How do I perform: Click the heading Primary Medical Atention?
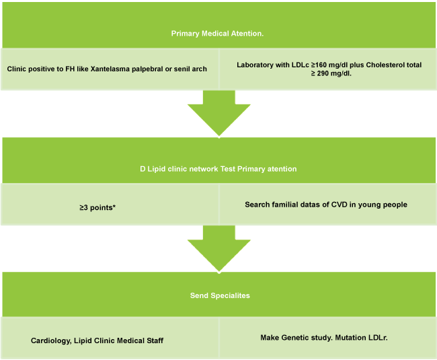[218, 33]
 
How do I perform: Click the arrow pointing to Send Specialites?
[218, 248]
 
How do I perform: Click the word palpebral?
[152, 69]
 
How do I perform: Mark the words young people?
[383, 205]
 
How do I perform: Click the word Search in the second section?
[257, 205]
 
